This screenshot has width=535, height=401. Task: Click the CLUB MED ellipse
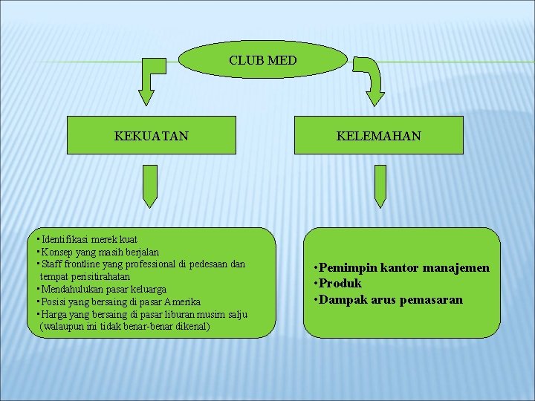pos(263,59)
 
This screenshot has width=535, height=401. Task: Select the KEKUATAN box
pos(151,135)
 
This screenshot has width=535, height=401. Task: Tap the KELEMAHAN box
pos(378,135)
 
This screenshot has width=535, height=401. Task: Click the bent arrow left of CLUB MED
pos(152,77)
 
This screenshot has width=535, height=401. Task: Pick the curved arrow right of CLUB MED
pos(372,77)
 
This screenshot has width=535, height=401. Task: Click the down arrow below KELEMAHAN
pos(380,186)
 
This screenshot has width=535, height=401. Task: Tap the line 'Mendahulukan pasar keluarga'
pos(104,289)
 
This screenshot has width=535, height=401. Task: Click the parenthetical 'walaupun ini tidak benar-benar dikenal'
pos(126,326)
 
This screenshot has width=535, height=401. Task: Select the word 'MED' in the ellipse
pos(282,59)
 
